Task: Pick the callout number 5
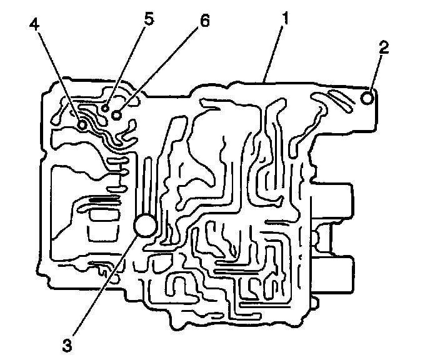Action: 148,17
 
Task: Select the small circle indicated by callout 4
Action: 82,126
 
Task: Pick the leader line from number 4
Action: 58,76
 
